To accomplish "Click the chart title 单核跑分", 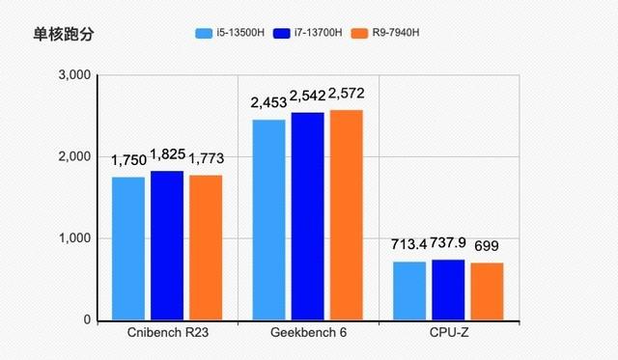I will (64, 35).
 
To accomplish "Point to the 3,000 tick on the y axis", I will (74, 75).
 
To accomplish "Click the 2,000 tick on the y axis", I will (74, 156).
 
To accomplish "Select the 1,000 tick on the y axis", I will (74, 238).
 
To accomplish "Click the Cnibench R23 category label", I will (167, 334).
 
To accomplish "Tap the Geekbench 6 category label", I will (307, 334).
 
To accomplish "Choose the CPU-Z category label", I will (448, 334).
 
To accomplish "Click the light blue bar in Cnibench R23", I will (128, 248).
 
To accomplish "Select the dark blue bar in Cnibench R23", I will (167, 245).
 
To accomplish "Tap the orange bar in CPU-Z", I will (487, 291).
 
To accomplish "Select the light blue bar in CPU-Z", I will (409, 291).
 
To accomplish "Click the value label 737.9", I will (448, 242).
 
